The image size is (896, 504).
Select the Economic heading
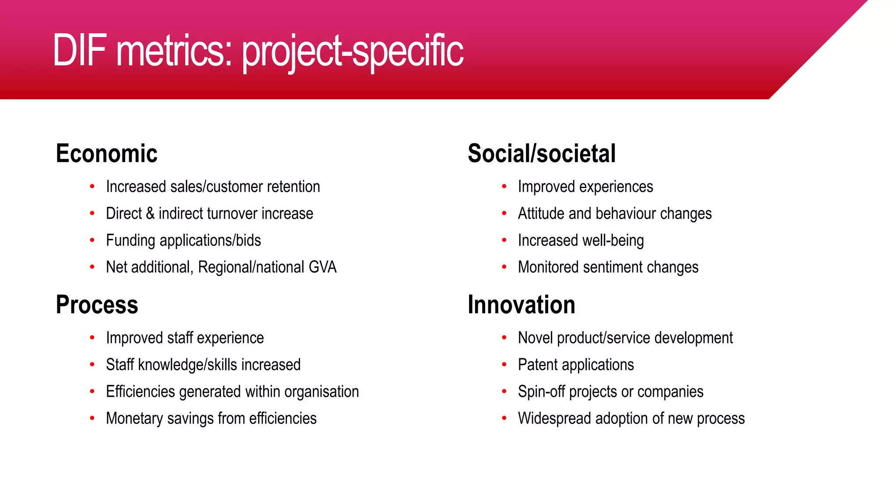pyautogui.click(x=106, y=154)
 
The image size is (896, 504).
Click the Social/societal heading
pyautogui.click(x=541, y=154)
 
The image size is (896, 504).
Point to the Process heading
pyautogui.click(x=97, y=304)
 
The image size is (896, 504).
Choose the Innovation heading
pyautogui.click(x=521, y=304)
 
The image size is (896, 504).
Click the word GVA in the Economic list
pyautogui.click(x=322, y=267)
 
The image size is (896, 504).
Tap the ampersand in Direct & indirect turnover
pyautogui.click(x=150, y=213)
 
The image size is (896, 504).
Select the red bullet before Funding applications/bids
pyautogui.click(x=92, y=240)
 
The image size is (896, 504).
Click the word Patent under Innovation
pyautogui.click(x=538, y=365)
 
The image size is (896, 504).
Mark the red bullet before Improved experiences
pyautogui.click(x=504, y=186)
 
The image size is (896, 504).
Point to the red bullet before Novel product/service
pyautogui.click(x=504, y=338)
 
